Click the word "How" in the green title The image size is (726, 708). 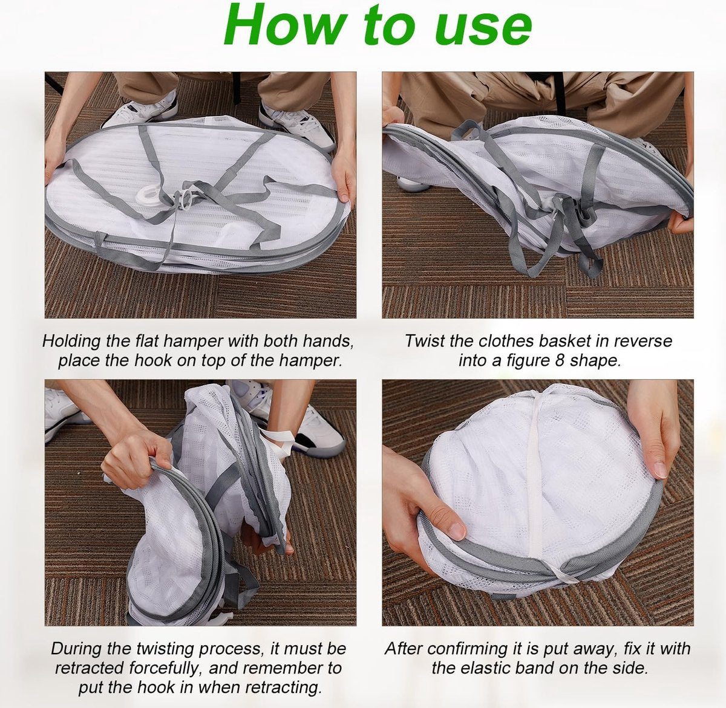[x=284, y=25]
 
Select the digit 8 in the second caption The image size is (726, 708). [x=558, y=360]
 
